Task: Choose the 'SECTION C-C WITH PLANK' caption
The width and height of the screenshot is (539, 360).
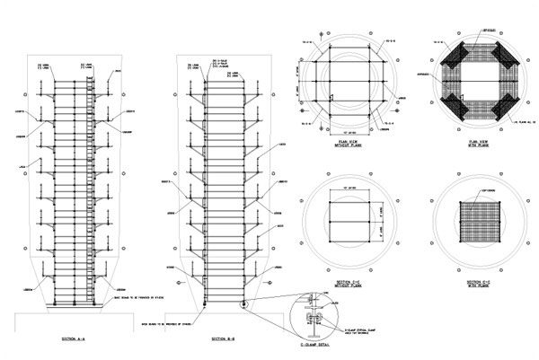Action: coord(472,285)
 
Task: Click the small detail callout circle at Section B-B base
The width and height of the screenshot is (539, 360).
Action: coord(243,305)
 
